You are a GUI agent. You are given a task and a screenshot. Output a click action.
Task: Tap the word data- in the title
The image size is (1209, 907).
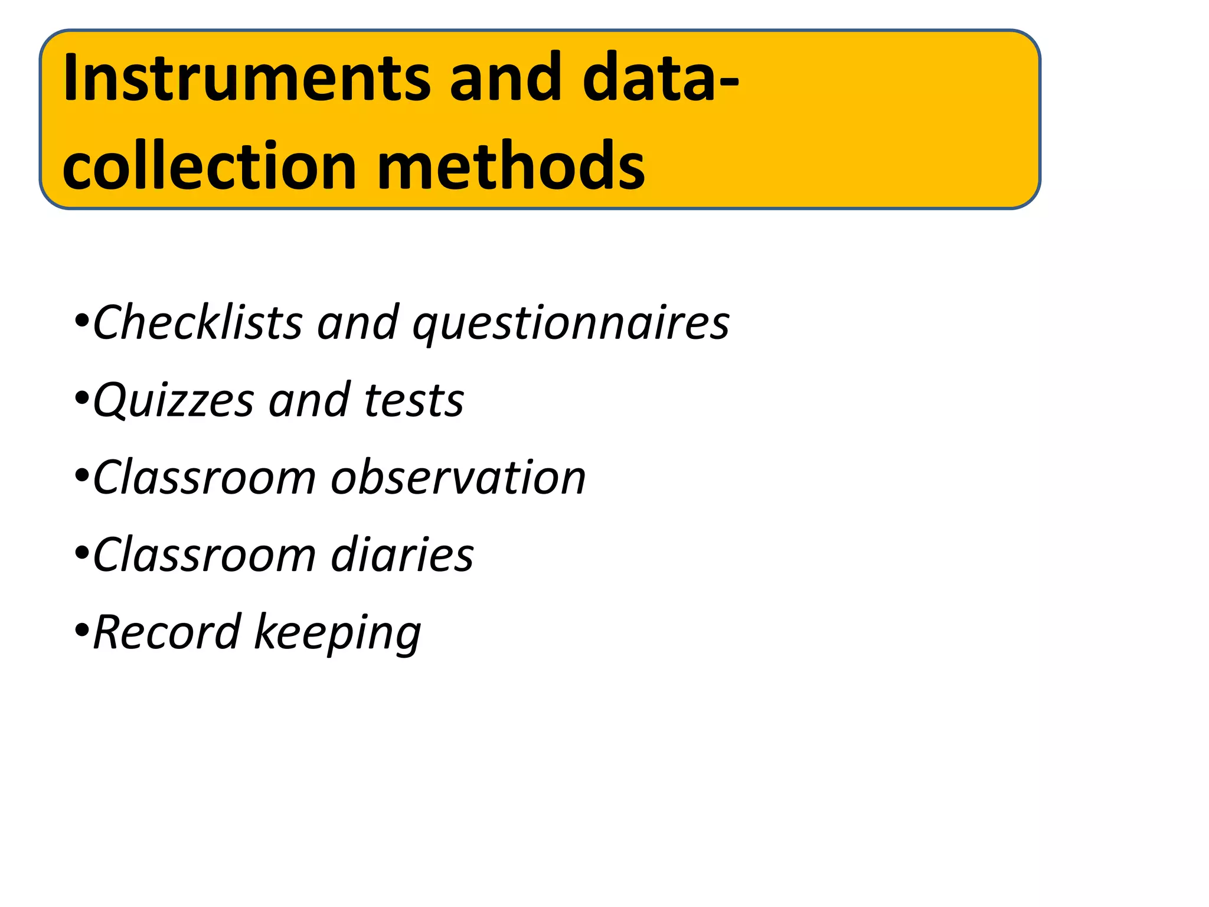tap(660, 78)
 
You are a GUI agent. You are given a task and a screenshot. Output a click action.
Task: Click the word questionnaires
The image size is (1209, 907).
tap(571, 324)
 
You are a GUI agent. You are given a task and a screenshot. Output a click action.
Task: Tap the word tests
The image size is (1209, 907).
tap(414, 400)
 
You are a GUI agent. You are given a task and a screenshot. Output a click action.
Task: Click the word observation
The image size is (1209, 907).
tap(458, 477)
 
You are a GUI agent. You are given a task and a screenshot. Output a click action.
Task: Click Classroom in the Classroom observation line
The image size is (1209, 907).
tap(204, 477)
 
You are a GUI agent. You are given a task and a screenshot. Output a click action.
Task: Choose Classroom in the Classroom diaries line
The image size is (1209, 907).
tap(204, 554)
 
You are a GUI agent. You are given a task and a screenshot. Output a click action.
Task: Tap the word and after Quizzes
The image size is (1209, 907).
tap(309, 400)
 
